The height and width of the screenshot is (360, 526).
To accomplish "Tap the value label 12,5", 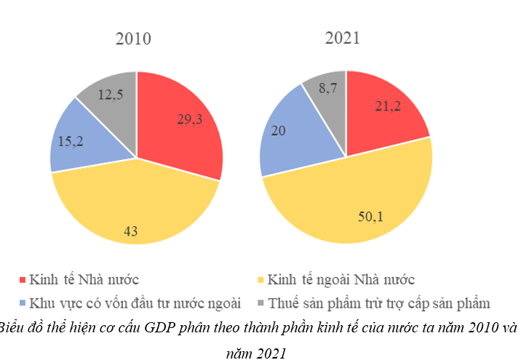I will point(111,95).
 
